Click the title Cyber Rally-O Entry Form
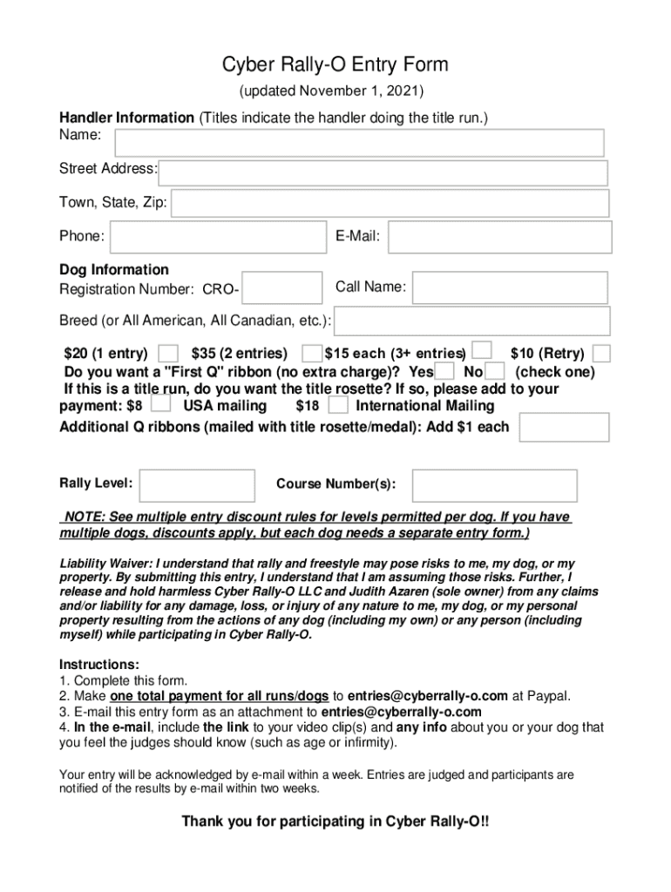coord(335,65)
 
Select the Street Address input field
coord(383,172)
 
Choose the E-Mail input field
coord(499,236)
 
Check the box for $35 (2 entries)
coord(310,353)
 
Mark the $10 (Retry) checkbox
coord(601,353)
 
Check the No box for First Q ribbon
coord(494,372)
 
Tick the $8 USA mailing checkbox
coord(160,404)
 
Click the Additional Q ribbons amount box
coord(562,427)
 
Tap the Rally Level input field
coord(197,485)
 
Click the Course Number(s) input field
coord(494,485)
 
